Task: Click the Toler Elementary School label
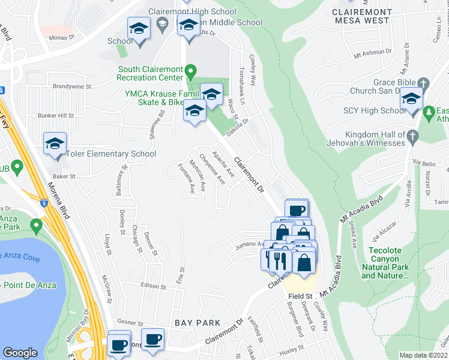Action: pos(111,154)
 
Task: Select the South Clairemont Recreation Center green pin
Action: pos(191,72)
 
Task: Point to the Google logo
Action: pos(20,353)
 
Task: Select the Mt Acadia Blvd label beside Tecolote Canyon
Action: pos(362,210)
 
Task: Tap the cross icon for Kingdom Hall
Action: pos(412,137)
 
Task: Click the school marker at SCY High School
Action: pos(412,98)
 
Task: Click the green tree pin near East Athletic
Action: pos(429,112)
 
